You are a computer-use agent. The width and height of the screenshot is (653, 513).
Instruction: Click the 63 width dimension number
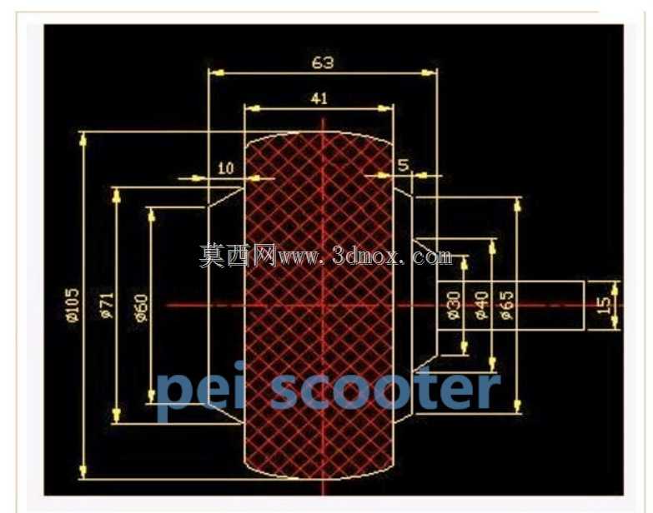click(x=323, y=62)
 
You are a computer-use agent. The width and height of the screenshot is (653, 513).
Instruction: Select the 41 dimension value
click(x=319, y=98)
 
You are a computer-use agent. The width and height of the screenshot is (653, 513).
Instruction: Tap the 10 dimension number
click(x=226, y=168)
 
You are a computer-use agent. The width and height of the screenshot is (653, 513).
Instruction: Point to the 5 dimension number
click(x=403, y=166)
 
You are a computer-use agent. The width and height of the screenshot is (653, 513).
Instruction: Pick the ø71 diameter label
click(x=107, y=306)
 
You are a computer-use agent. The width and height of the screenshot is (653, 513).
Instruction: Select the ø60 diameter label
click(x=142, y=307)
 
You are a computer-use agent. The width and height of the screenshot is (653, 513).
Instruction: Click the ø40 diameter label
click(x=481, y=306)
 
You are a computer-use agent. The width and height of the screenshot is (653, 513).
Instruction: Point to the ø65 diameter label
click(x=507, y=306)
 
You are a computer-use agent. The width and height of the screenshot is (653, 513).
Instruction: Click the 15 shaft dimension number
click(x=604, y=306)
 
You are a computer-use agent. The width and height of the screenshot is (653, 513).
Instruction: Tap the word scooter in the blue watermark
click(x=385, y=390)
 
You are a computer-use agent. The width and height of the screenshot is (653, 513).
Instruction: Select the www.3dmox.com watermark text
click(x=364, y=256)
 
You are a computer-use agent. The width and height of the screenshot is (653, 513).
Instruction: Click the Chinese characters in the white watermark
click(x=238, y=256)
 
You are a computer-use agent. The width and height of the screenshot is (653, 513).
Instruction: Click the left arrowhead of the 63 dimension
click(x=217, y=73)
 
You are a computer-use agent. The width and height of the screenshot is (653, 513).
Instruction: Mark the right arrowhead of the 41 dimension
click(x=385, y=108)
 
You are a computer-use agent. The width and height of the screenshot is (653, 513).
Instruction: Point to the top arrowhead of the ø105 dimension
click(x=83, y=139)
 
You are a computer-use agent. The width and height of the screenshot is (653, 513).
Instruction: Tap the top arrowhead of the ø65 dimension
click(x=518, y=205)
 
